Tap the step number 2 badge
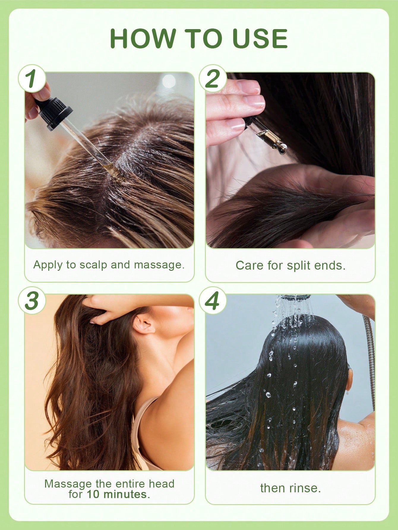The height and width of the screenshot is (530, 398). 213,78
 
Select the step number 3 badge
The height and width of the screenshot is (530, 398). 32,300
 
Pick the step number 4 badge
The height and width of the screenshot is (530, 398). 213,300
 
